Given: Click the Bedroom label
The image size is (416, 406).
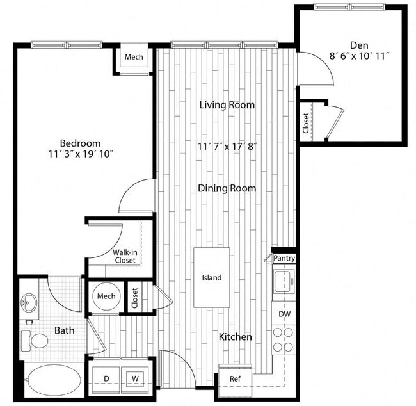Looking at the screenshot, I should click(x=80, y=143).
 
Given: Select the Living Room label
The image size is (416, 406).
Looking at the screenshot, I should click(x=227, y=104).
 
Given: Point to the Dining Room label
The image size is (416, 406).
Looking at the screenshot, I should click(x=227, y=188).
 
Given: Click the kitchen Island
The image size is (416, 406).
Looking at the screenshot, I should click(x=212, y=278).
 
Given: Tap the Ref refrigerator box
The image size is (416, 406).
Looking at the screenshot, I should click(x=236, y=378).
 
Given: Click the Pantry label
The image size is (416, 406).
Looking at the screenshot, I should click(x=284, y=258).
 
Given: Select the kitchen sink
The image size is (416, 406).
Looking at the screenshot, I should click(x=283, y=281).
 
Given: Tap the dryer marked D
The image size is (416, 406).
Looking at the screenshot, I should click(x=106, y=378).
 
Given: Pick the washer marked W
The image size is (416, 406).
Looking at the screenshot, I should click(x=135, y=378).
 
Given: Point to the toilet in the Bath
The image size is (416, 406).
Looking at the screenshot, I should click(x=36, y=339).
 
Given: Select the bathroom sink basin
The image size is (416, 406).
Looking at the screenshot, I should click(x=28, y=300).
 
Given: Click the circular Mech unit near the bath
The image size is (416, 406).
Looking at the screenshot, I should click(x=106, y=296).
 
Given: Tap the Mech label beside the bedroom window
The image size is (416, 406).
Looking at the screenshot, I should click(x=134, y=58).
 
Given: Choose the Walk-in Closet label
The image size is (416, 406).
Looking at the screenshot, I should click(x=125, y=256).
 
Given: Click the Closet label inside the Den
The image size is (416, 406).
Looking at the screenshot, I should click(x=306, y=122).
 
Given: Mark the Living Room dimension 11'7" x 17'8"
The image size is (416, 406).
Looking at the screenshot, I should click(x=227, y=146).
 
